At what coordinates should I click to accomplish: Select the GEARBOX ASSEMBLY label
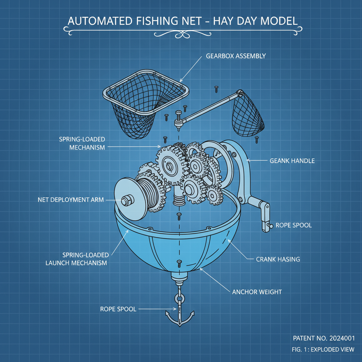click(236, 56)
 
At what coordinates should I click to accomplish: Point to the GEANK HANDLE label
click(292, 160)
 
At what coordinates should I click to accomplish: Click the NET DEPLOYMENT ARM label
click(71, 200)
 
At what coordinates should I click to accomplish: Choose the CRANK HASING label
click(278, 259)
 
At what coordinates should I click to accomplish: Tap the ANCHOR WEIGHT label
click(257, 292)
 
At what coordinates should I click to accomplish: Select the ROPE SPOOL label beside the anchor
click(118, 309)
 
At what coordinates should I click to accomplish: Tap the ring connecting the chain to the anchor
click(179, 299)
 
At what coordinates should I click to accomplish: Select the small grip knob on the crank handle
click(270, 226)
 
